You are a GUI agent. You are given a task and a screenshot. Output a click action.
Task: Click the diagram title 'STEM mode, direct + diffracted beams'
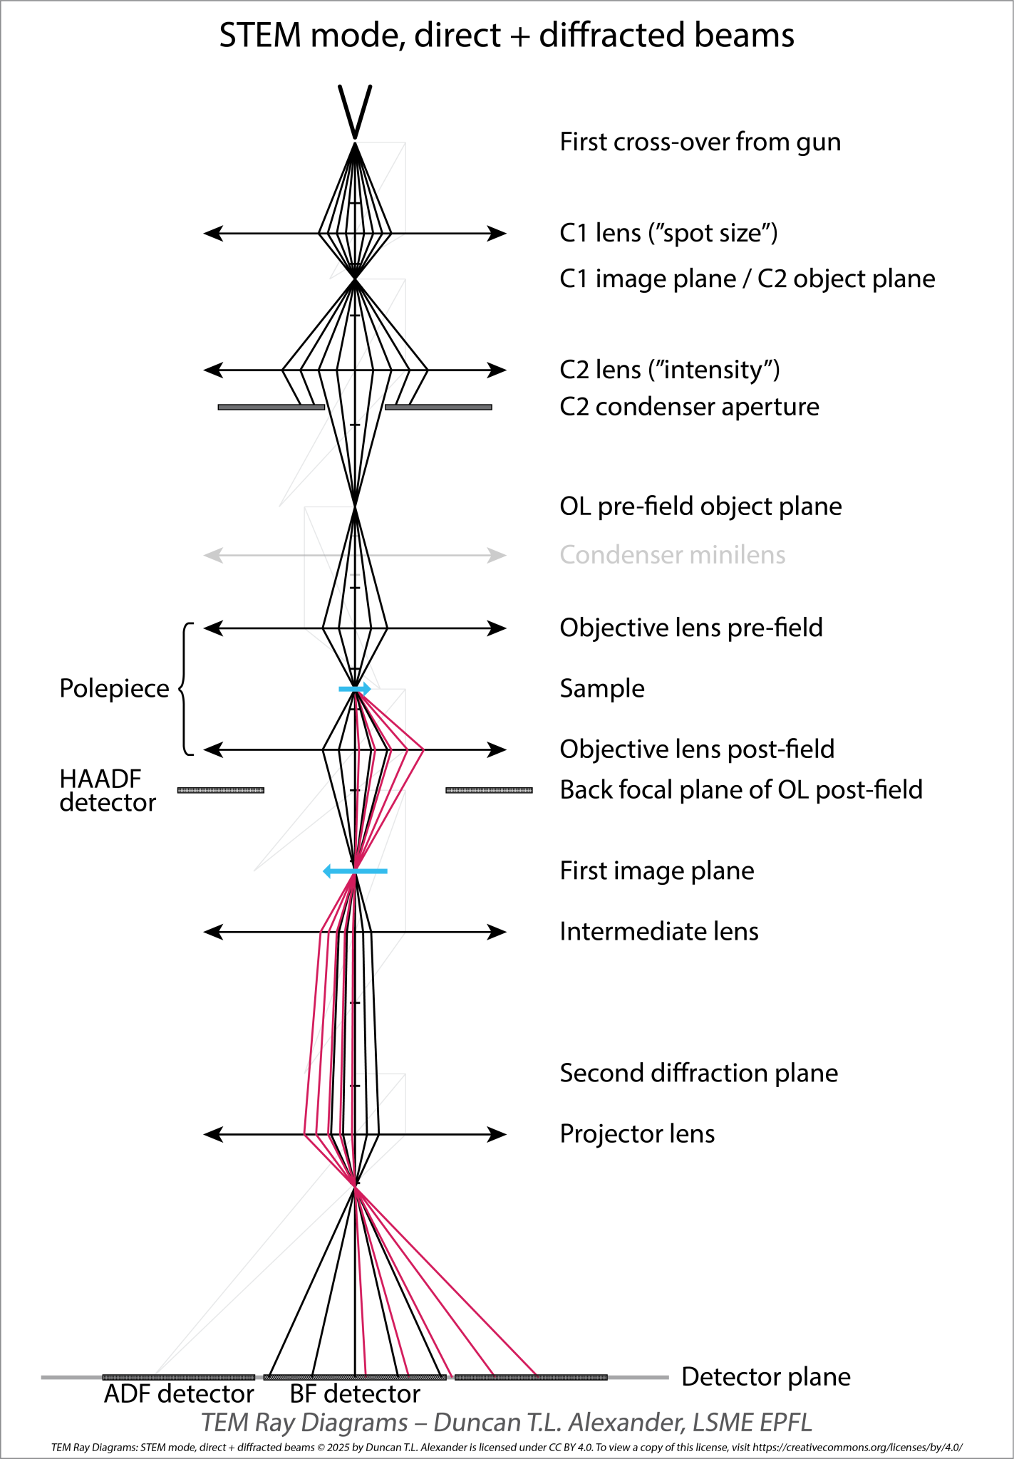pyautogui.click(x=506, y=36)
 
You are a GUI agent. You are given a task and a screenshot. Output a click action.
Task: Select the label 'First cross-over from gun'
pyautogui.click(x=700, y=142)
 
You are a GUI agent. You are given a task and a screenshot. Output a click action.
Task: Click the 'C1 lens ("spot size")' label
pyautogui.click(x=668, y=233)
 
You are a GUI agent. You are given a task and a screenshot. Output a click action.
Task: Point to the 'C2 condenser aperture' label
pyautogui.click(x=689, y=407)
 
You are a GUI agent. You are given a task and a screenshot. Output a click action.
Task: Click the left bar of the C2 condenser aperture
pyautogui.click(x=271, y=407)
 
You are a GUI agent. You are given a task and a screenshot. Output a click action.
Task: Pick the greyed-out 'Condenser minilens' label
pyautogui.click(x=672, y=555)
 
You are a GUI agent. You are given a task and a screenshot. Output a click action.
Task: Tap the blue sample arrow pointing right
pyautogui.click(x=355, y=689)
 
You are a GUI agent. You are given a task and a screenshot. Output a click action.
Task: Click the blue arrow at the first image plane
pyautogui.click(x=355, y=871)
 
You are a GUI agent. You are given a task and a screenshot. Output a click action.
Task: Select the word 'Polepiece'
pyautogui.click(x=114, y=689)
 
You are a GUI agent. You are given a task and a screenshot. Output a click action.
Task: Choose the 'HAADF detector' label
pyautogui.click(x=107, y=791)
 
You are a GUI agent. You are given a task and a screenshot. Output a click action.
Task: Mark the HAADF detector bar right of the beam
pyautogui.click(x=489, y=790)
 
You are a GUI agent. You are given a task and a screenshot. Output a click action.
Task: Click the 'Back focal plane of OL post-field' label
pyautogui.click(x=741, y=790)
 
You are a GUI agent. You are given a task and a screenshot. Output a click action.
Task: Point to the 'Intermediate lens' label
pyautogui.click(x=659, y=932)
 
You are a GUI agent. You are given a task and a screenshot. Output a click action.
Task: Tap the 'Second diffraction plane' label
pyautogui.click(x=698, y=1074)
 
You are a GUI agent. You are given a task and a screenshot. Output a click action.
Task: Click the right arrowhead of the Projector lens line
pyautogui.click(x=497, y=1134)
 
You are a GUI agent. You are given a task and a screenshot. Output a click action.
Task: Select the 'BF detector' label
pyautogui.click(x=355, y=1393)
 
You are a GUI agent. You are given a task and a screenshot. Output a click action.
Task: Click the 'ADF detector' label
pyautogui.click(x=179, y=1393)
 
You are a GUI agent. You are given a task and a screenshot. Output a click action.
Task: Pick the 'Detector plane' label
pyautogui.click(x=766, y=1377)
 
